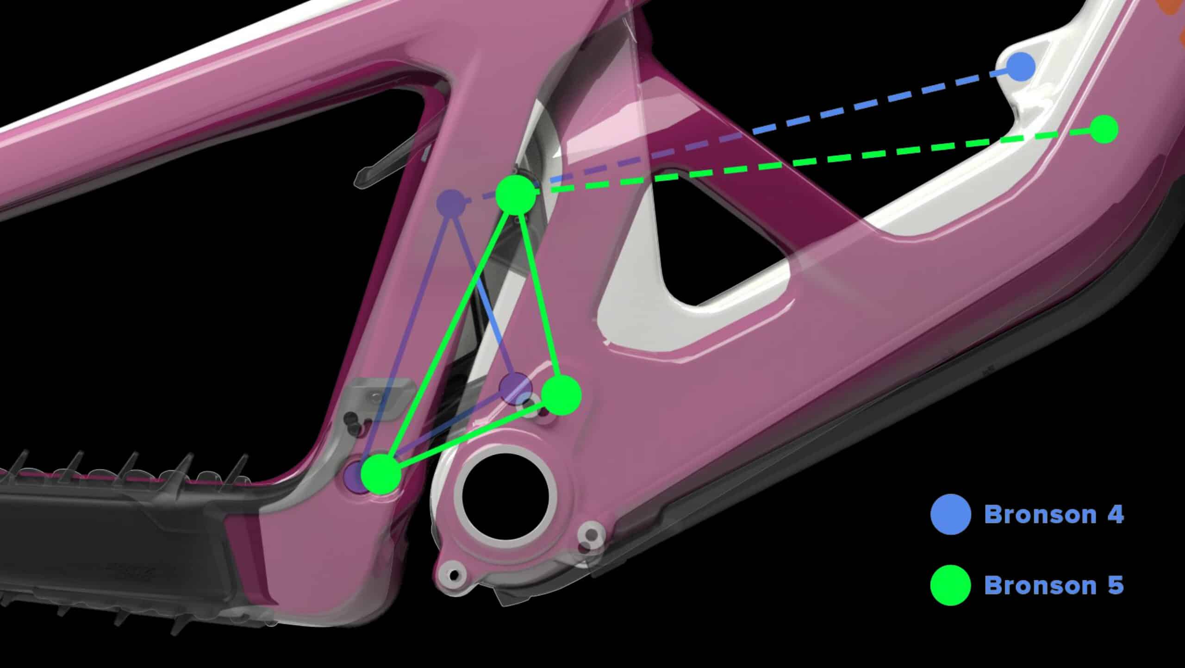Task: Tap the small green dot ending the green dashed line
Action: click(1104, 129)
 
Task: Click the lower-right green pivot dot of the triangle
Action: click(561, 395)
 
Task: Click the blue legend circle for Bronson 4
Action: click(951, 514)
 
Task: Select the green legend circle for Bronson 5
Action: click(951, 585)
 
